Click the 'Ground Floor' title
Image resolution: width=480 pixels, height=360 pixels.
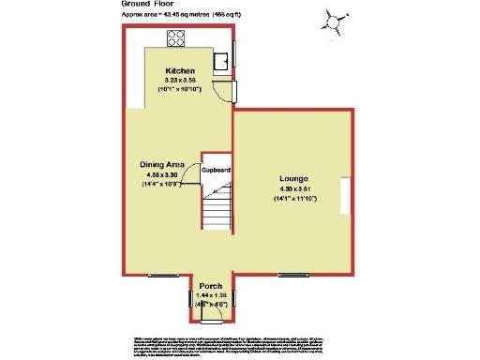146,4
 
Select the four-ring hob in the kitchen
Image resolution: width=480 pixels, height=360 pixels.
175,38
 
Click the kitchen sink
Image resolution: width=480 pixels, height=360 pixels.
222,61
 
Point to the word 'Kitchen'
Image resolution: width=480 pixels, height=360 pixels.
180,72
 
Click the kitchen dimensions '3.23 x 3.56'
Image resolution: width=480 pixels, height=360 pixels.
180,81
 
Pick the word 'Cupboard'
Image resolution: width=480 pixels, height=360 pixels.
217,170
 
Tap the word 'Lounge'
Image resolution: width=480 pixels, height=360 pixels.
292,178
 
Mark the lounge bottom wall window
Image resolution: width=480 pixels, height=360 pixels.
293,275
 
